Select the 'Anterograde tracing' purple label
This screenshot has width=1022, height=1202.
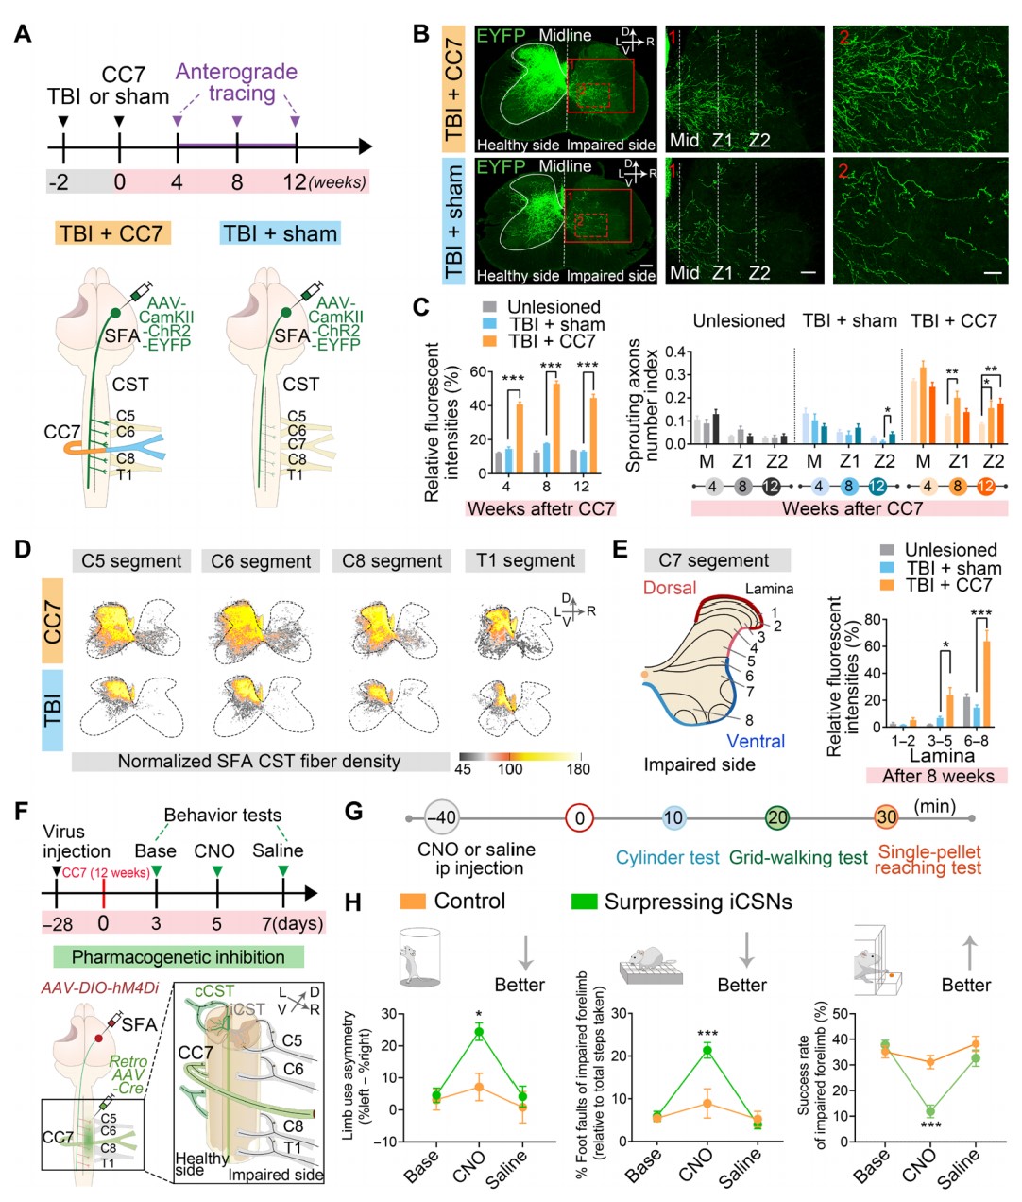[x=236, y=82]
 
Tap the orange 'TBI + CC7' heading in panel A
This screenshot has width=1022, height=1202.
[x=111, y=233]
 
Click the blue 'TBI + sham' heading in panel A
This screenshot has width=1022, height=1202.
[x=280, y=233]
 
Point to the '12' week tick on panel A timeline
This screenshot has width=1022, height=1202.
[x=295, y=180]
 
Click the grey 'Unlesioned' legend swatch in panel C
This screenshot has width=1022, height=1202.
[x=489, y=307]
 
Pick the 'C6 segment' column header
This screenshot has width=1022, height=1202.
[x=261, y=561]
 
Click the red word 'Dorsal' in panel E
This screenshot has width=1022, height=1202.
[x=670, y=588]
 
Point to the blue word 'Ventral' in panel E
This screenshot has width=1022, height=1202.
[x=756, y=742]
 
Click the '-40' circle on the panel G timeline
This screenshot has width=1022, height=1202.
[x=440, y=817]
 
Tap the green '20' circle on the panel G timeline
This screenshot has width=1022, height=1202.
[x=777, y=817]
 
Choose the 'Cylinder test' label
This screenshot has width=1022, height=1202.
[x=668, y=858]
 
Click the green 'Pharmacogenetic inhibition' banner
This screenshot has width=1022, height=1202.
[x=179, y=957]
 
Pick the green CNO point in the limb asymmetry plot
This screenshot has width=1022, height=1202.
[x=479, y=1033]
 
